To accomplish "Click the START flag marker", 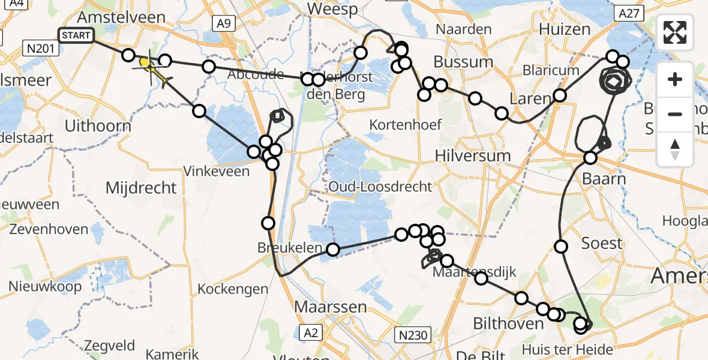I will (x=76, y=35).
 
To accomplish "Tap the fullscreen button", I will (x=675, y=32).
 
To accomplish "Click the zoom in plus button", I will (x=675, y=79).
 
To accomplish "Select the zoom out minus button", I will (x=675, y=114).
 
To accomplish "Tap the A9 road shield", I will (x=223, y=23).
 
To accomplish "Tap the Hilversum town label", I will (x=473, y=155).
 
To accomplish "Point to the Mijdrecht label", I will (x=141, y=188).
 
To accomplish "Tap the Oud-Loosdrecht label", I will (x=380, y=186).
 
